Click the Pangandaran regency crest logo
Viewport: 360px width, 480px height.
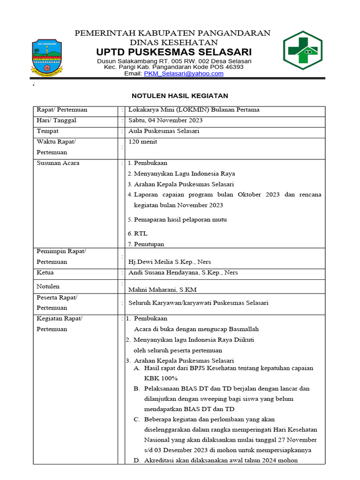[x=49, y=56]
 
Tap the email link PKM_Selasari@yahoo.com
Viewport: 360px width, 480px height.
[x=183, y=74]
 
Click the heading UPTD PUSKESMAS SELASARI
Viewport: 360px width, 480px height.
[x=174, y=52]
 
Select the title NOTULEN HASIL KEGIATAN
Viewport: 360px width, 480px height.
[x=180, y=96]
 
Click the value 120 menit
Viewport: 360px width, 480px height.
[x=146, y=142]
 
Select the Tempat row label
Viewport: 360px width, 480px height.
[x=48, y=131]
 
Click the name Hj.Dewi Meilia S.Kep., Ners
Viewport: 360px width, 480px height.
[x=166, y=262]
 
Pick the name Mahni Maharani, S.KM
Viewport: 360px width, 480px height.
[x=159, y=290]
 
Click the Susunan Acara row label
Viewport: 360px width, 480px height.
[x=58, y=163]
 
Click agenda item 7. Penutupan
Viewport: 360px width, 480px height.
[x=146, y=244]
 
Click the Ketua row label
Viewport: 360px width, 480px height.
[x=45, y=272]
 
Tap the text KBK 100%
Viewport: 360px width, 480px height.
[x=161, y=378]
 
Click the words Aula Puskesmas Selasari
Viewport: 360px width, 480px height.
[x=164, y=131]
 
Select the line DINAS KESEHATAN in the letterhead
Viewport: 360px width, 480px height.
[x=173, y=42]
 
